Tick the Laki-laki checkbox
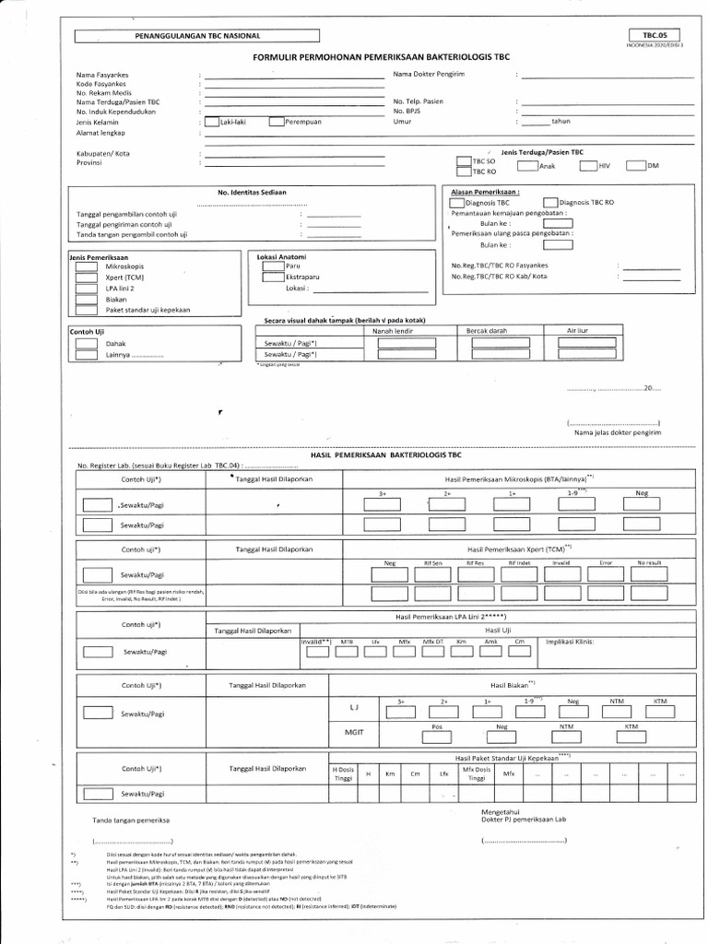point(211,121)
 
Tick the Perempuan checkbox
point(276,121)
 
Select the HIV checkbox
point(587,166)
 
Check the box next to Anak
point(526,166)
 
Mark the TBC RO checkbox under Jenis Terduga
point(463,171)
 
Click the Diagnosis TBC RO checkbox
point(550,202)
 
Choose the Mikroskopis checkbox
point(86,265)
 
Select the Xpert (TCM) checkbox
point(86,277)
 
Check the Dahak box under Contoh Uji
point(86,343)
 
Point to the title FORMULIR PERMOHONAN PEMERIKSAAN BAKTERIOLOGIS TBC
point(381,57)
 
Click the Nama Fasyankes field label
point(103,74)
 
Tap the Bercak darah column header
point(489,330)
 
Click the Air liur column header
point(578,330)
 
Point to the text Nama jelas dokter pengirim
point(617,431)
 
